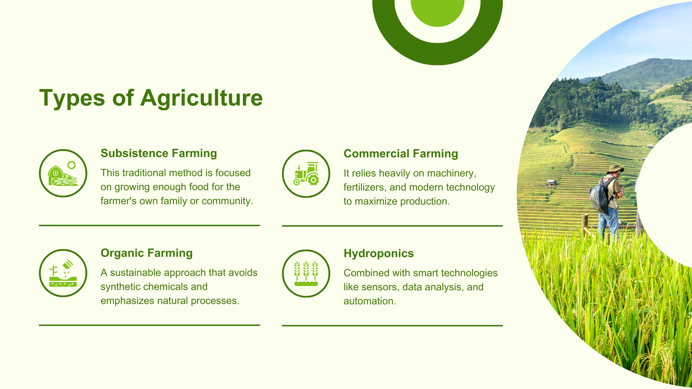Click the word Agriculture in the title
pyautogui.click(x=201, y=98)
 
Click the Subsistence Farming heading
pyautogui.click(x=159, y=153)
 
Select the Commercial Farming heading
pyautogui.click(x=401, y=154)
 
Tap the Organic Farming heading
pyautogui.click(x=146, y=253)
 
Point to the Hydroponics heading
pyautogui.click(x=378, y=254)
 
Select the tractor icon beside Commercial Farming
pyautogui.click(x=306, y=174)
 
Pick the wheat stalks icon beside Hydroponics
pyautogui.click(x=306, y=273)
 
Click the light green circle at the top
pyautogui.click(x=438, y=11)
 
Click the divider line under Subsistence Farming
pyautogui.click(x=149, y=225)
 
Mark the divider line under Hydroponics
pyautogui.click(x=392, y=326)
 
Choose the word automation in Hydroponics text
pyautogui.click(x=369, y=301)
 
